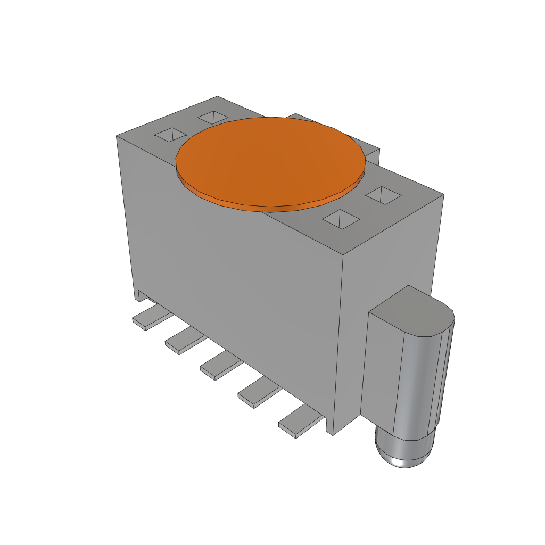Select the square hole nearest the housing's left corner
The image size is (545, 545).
pos(170,135)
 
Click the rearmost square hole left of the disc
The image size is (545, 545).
pos(213,117)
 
